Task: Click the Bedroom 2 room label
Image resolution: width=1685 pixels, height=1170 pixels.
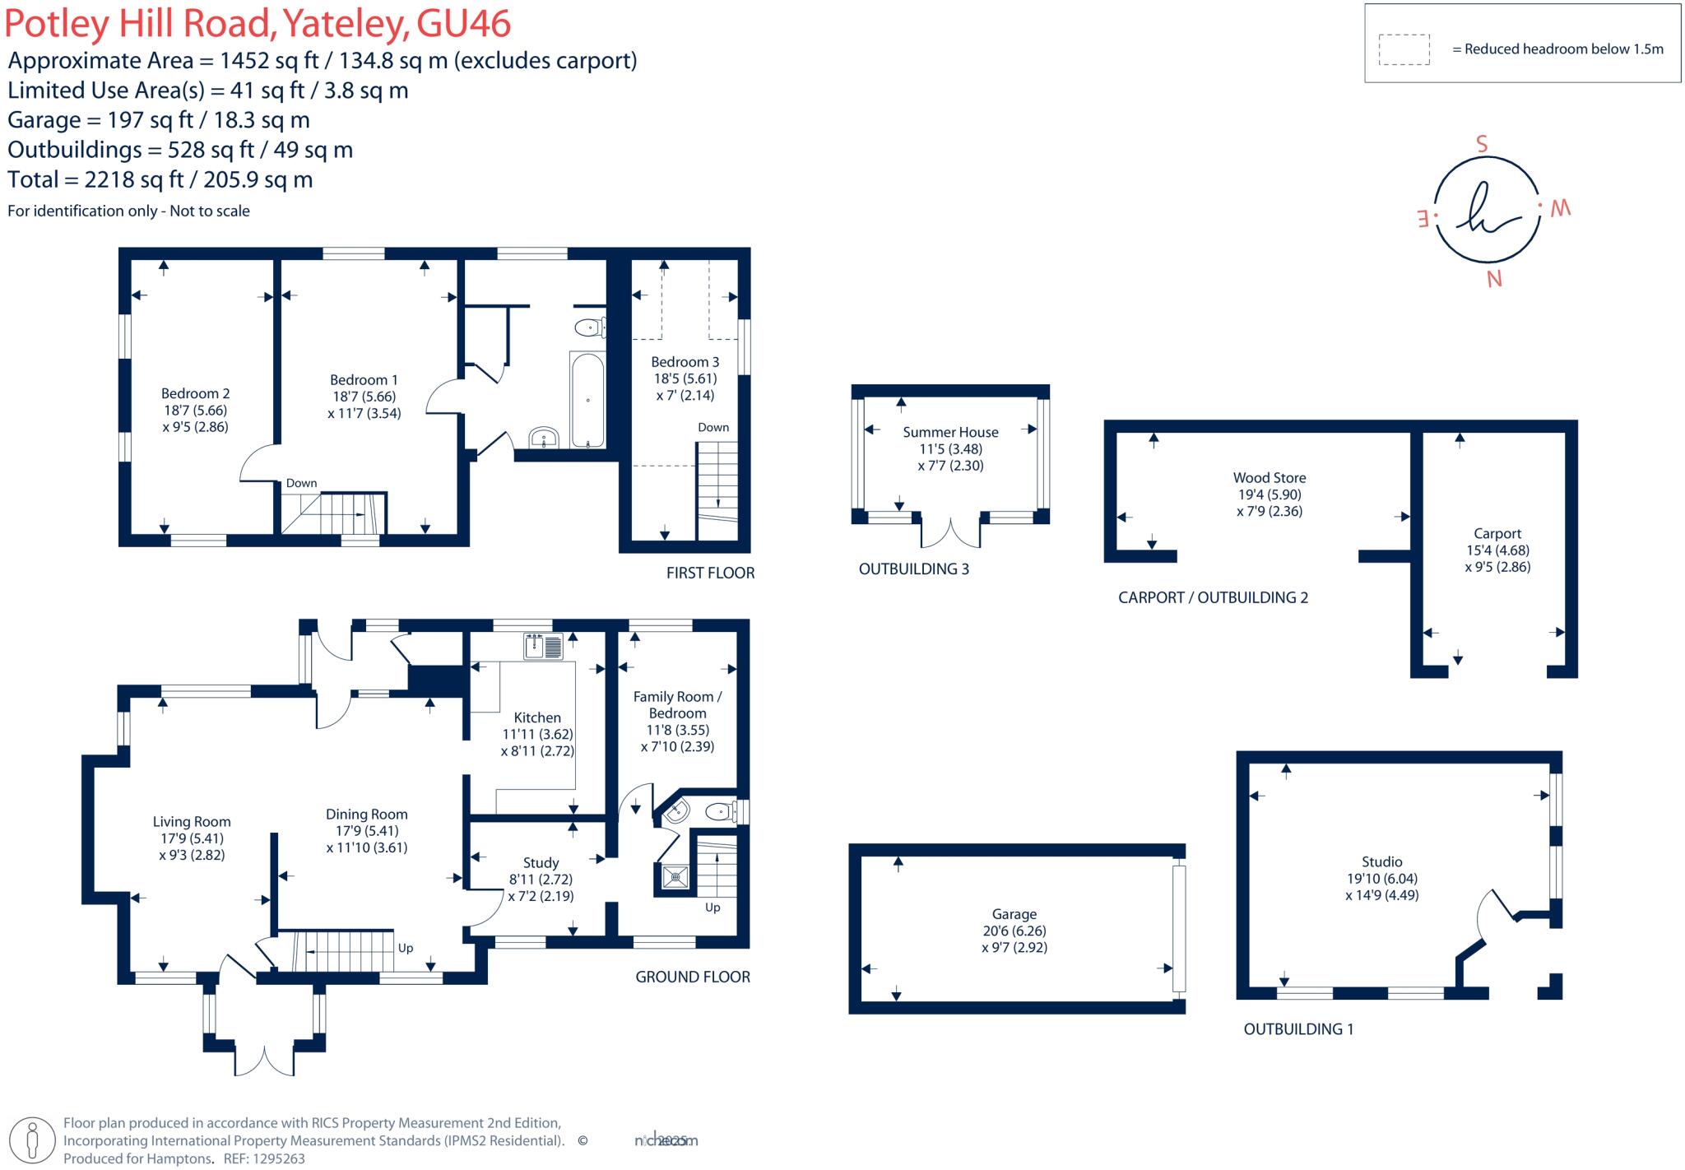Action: (195, 393)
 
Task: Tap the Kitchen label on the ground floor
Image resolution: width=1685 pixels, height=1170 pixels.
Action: (537, 717)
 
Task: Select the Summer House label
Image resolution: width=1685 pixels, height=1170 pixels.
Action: (950, 432)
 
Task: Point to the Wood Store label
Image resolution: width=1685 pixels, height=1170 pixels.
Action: (1269, 477)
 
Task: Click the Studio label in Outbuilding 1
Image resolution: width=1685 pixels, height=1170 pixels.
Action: (1381, 861)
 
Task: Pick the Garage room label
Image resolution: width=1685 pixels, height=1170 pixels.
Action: (1014, 914)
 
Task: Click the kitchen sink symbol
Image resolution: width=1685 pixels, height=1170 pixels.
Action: (543, 646)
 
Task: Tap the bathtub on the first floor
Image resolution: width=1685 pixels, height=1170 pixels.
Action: (587, 400)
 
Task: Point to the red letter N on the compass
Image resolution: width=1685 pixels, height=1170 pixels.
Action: (1494, 280)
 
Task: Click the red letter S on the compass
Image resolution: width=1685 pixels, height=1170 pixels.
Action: (1482, 145)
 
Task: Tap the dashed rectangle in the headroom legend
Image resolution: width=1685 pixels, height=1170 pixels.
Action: (1404, 49)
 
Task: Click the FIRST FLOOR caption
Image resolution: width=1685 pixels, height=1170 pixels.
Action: (710, 573)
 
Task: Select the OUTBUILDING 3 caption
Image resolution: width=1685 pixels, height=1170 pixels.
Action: (913, 569)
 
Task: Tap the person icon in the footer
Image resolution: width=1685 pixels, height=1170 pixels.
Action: (33, 1140)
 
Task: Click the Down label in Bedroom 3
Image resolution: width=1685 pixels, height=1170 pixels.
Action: (713, 427)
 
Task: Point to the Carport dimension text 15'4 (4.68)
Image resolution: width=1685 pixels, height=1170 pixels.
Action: (1497, 550)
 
